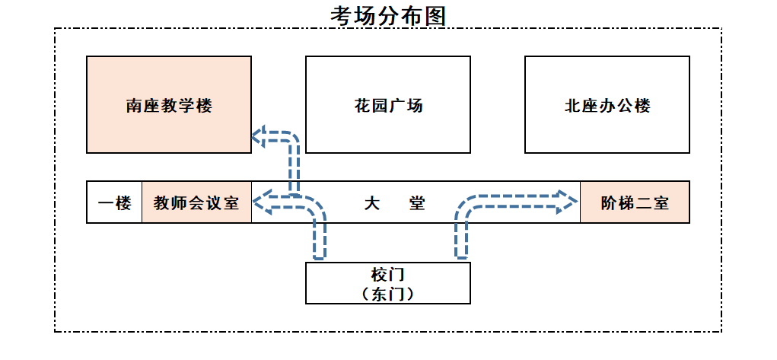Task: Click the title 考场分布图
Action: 388,15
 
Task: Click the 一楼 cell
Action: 115,203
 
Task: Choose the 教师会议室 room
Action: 196,203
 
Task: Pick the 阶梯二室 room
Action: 635,203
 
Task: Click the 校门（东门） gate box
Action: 387,283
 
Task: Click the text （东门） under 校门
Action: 387,294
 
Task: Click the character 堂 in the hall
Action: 416,203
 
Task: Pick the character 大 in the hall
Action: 371,203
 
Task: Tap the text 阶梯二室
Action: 635,203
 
